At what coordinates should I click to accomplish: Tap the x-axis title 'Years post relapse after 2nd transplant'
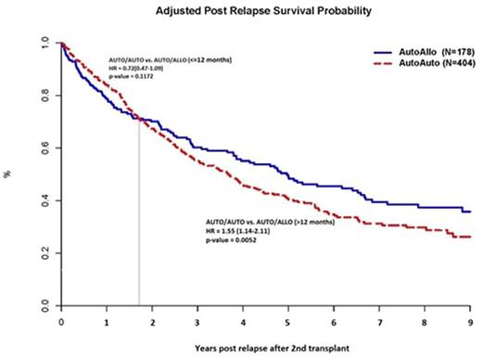pyautogui.click(x=266, y=349)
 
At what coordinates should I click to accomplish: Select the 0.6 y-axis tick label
pyautogui.click(x=44, y=148)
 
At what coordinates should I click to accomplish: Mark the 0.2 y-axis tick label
pyautogui.click(x=44, y=252)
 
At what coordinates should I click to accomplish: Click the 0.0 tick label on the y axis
pyautogui.click(x=44, y=305)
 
